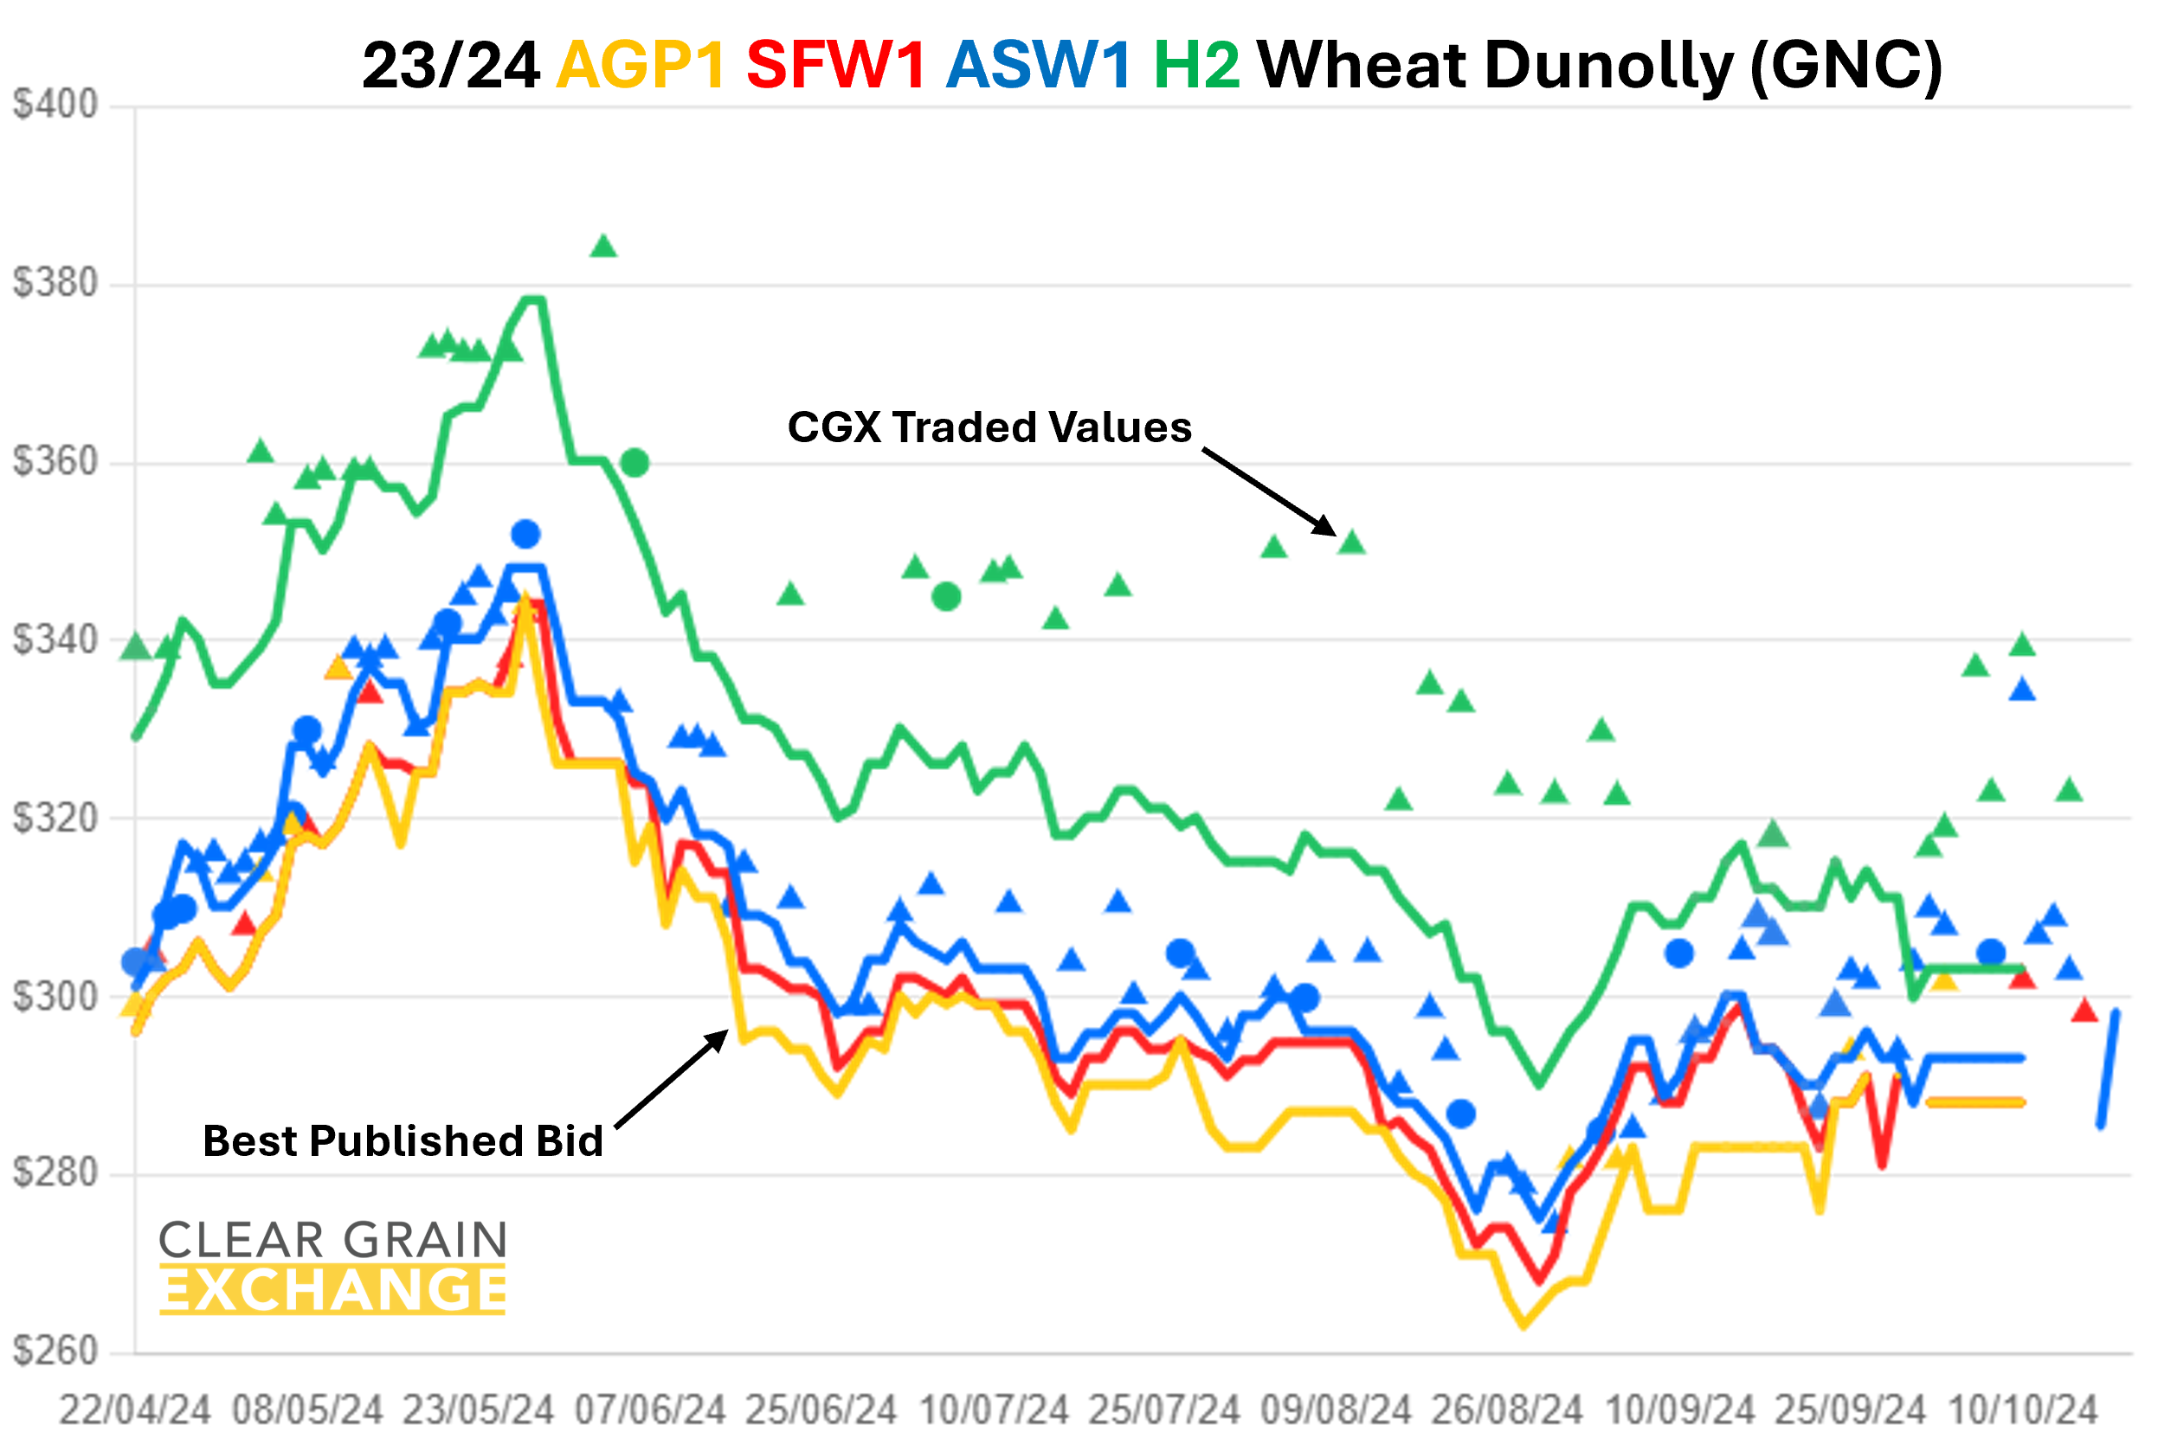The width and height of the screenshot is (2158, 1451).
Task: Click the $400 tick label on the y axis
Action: click(55, 105)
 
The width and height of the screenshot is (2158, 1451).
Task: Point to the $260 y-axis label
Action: click(55, 1352)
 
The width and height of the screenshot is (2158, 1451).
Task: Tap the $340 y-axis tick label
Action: click(55, 639)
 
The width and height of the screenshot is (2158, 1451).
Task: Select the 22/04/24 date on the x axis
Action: click(135, 1411)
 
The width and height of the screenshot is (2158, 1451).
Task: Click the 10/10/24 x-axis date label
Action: click(2023, 1411)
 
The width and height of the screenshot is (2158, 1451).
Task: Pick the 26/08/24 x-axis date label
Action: click(1507, 1411)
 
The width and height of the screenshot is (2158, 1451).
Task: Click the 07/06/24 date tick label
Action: click(650, 1411)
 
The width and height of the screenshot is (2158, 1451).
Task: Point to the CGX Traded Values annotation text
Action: click(989, 427)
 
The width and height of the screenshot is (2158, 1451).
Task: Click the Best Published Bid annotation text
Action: click(403, 1141)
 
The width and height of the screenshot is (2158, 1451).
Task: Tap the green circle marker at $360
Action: click(635, 463)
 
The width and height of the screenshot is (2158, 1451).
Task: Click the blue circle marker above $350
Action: click(525, 534)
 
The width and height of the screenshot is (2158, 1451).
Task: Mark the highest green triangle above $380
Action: click(603, 246)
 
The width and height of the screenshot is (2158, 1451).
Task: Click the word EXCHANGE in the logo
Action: click(333, 1290)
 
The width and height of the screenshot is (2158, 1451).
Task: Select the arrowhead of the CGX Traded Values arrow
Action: click(1330, 530)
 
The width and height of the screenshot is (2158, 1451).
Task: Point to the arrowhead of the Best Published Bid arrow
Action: click(720, 1038)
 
